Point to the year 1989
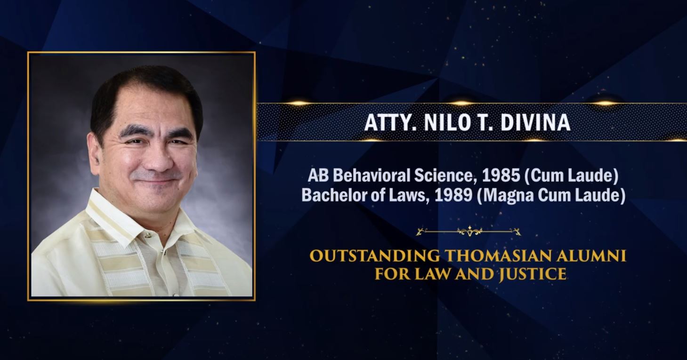tap(453, 195)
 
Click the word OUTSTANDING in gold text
tap(374, 256)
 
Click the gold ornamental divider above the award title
tap(469, 232)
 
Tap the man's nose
tap(157, 160)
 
